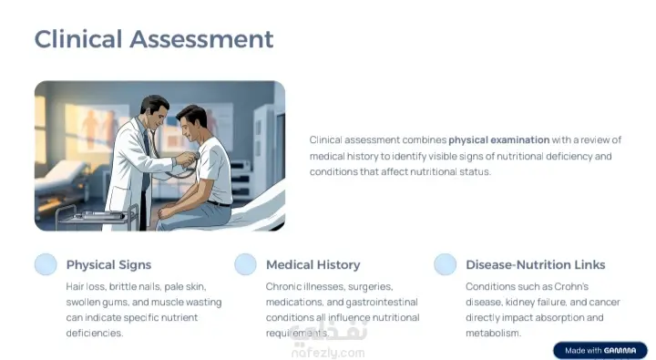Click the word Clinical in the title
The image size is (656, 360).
[x=78, y=39]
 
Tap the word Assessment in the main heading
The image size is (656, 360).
[x=201, y=39]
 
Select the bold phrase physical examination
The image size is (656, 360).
[x=498, y=139]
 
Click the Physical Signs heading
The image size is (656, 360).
[x=108, y=264]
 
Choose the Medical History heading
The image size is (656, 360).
[x=313, y=264]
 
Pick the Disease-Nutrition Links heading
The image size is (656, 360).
[x=536, y=264]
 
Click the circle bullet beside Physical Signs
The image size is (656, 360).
[x=46, y=264]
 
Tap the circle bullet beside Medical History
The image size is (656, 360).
[x=246, y=264]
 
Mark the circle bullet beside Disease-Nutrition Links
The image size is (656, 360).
[x=446, y=264]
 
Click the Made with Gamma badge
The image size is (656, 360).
[x=600, y=350]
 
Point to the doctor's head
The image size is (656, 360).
[x=154, y=111]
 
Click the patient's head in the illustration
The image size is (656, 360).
[x=191, y=123]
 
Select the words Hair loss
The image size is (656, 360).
[x=86, y=287]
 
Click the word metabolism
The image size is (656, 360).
[x=493, y=334]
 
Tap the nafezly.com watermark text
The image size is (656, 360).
[x=328, y=353]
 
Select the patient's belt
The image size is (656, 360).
[x=219, y=204]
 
